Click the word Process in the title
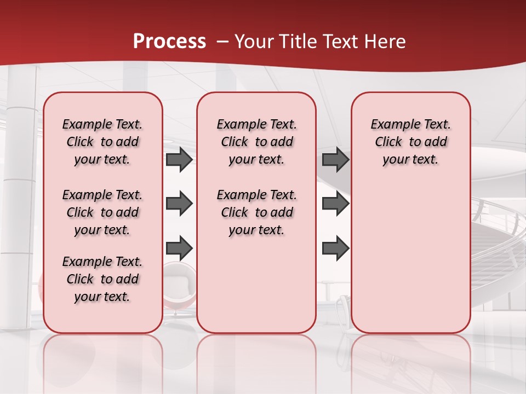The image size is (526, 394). click(169, 42)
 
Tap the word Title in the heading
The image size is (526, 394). click(296, 42)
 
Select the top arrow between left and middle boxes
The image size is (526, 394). click(179, 159)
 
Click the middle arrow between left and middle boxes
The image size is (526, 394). click(179, 204)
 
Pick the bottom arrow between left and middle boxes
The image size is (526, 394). click(179, 248)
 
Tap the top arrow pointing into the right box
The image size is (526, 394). click(335, 159)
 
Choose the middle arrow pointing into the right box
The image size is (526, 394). click(335, 204)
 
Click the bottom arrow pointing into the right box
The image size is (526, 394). click(335, 248)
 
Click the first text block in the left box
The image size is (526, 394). click(102, 142)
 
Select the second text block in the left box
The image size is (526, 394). click(102, 212)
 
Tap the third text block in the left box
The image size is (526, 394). click(102, 279)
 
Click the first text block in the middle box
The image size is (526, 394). click(256, 142)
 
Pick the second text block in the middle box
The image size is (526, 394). click(256, 212)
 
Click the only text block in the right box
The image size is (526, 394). click(410, 142)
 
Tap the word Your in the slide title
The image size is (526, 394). click(254, 42)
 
